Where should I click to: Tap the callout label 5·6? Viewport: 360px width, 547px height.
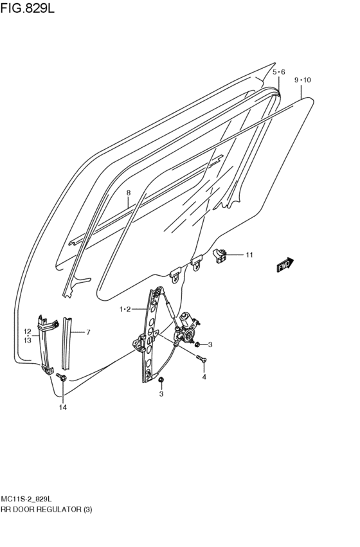[278, 72]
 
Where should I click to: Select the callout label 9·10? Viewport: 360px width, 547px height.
[302, 80]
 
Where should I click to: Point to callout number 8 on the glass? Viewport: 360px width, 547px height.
[128, 192]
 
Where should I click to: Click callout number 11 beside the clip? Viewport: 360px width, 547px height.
[249, 255]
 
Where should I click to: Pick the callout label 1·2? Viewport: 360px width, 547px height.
[125, 309]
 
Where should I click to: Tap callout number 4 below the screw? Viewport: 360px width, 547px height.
[204, 377]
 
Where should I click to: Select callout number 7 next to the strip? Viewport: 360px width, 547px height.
[88, 332]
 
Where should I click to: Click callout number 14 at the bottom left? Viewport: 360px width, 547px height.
[63, 407]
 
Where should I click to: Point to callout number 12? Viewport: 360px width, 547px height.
[28, 332]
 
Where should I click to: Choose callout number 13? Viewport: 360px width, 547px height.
[28, 340]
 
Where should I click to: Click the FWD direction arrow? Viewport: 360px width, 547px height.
[284, 265]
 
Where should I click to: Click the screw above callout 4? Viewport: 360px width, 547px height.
[201, 358]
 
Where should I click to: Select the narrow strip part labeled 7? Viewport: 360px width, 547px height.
[66, 341]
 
